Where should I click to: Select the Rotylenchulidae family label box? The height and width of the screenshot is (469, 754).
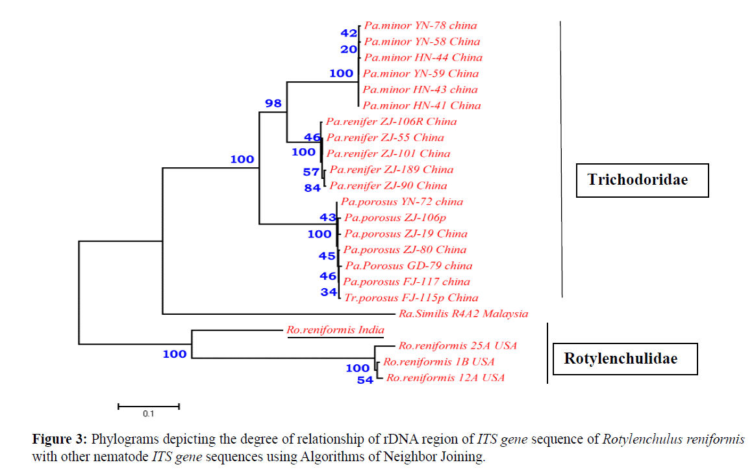click(x=624, y=359)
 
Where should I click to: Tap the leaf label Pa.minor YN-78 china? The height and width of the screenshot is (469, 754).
click(x=420, y=26)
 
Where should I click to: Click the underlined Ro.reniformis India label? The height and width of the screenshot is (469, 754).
click(x=335, y=330)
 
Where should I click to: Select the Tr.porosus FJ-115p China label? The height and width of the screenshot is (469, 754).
click(x=410, y=298)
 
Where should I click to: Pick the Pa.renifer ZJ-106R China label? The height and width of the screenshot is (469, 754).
click(x=391, y=122)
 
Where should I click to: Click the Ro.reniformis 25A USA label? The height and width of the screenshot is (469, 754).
click(x=458, y=346)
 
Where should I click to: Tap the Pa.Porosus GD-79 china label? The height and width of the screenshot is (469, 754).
click(x=408, y=266)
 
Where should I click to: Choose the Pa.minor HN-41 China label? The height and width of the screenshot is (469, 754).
click(x=421, y=105)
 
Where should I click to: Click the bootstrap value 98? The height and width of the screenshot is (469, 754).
click(x=273, y=103)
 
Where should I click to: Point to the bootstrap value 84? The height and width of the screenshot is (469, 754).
click(x=312, y=188)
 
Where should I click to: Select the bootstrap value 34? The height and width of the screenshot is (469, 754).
click(x=329, y=292)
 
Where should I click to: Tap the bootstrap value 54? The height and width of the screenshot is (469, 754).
click(x=365, y=381)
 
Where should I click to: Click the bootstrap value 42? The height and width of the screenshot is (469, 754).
click(x=349, y=33)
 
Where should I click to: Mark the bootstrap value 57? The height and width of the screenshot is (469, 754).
click(x=311, y=172)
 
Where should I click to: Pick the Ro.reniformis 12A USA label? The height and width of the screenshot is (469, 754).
click(x=445, y=378)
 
